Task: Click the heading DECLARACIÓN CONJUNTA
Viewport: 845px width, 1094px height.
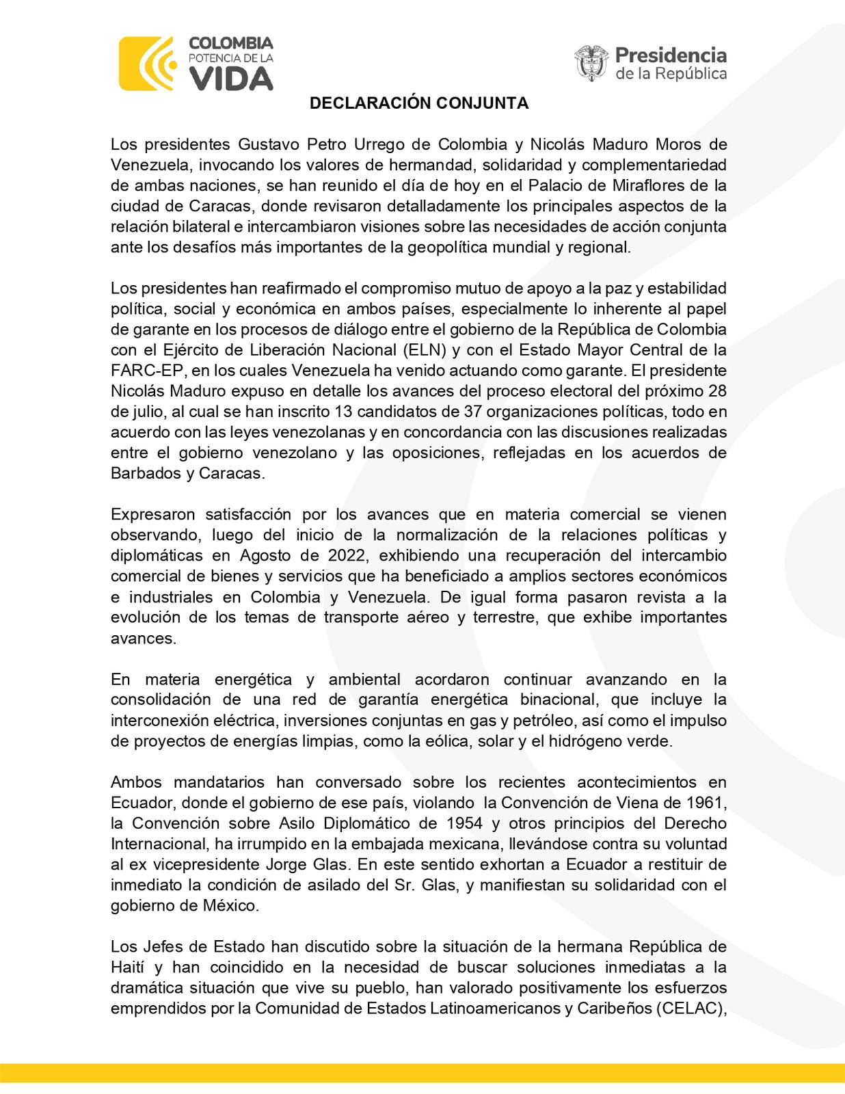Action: click(x=418, y=103)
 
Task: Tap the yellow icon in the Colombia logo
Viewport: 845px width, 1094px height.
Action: click(x=146, y=64)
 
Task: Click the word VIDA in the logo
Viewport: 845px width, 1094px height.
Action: click(x=231, y=79)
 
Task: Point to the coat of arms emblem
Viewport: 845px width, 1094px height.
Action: click(x=591, y=64)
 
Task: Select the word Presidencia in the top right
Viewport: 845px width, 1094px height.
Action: click(x=671, y=55)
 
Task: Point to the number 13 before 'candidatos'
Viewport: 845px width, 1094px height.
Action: click(x=343, y=412)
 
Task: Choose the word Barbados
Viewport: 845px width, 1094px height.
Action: click(x=144, y=473)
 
